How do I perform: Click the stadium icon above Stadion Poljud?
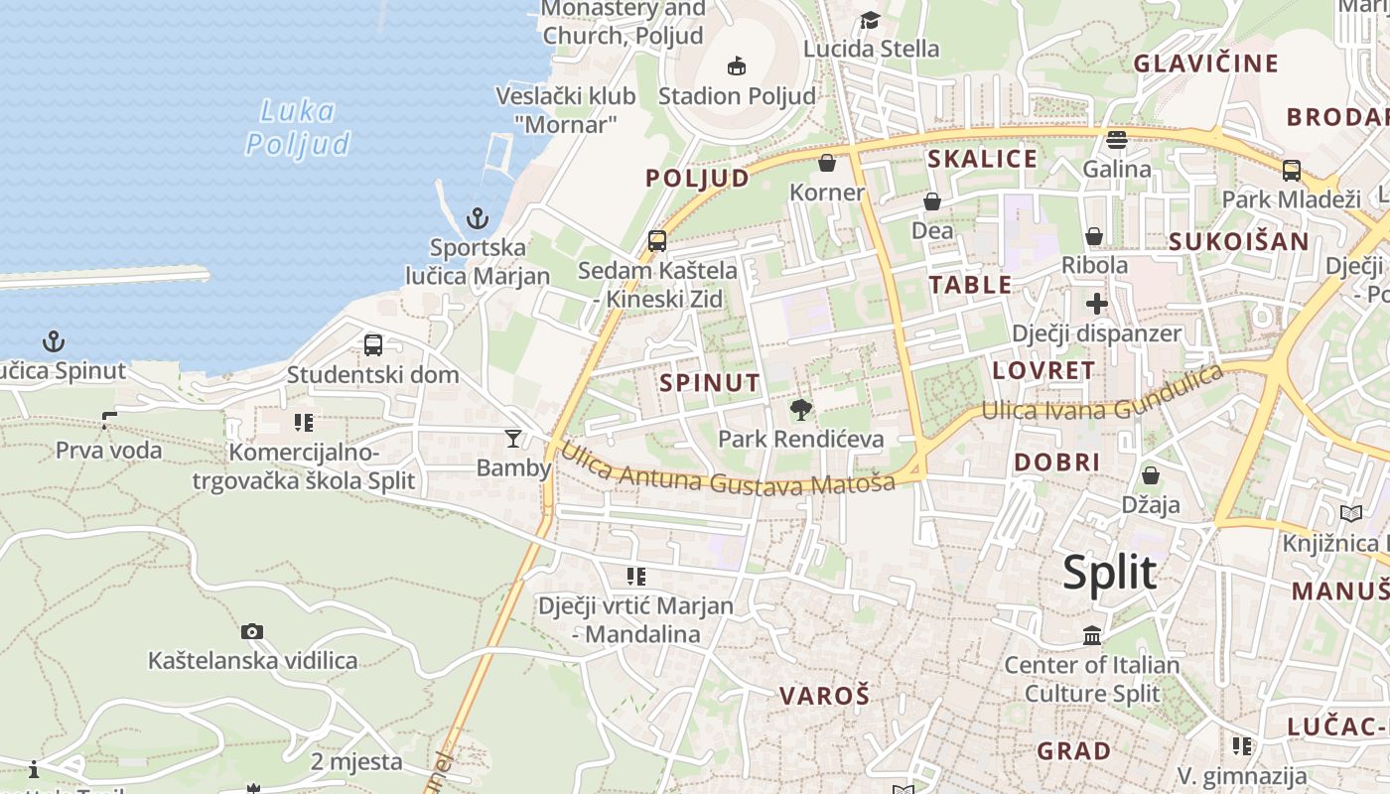click(736, 66)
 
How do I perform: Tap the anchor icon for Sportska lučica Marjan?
click(478, 217)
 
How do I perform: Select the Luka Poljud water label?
click(297, 127)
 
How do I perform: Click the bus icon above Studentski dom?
click(373, 345)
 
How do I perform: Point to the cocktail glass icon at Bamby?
click(513, 438)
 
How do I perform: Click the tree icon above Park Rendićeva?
click(800, 409)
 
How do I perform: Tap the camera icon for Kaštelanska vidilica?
click(252, 631)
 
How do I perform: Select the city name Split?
click(1109, 573)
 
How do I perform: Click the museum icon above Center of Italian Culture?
click(1092, 635)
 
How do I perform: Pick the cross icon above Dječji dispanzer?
click(1096, 304)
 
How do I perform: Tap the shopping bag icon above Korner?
click(827, 163)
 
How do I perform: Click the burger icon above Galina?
click(1117, 140)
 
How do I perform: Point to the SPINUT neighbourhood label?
click(710, 383)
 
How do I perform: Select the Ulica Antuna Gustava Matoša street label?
click(728, 470)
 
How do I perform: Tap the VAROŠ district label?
click(824, 696)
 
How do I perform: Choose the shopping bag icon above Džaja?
click(1151, 475)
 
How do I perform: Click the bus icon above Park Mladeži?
click(1291, 171)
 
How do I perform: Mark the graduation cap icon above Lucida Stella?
click(870, 20)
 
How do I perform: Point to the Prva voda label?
click(108, 451)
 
